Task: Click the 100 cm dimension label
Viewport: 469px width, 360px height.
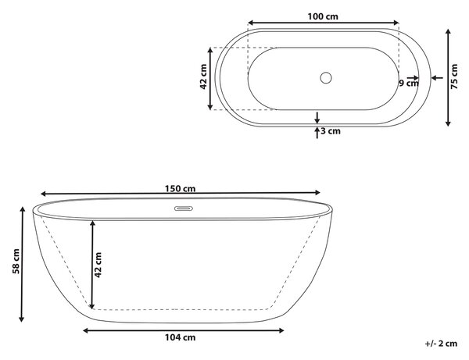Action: pos(323,16)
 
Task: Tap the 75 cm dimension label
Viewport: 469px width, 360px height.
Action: pos(454,77)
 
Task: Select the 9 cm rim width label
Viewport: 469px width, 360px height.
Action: pos(409,83)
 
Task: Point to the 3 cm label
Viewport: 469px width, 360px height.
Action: pos(331,131)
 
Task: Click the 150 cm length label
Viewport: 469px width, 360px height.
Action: pos(180,189)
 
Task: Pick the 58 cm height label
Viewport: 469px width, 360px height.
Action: pos(16,261)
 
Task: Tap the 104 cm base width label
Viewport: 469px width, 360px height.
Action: pos(180,337)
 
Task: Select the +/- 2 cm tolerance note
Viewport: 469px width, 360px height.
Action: pos(441,344)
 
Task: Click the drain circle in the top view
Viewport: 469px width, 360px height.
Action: pos(326,77)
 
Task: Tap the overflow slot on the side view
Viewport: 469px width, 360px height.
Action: pos(184,209)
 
